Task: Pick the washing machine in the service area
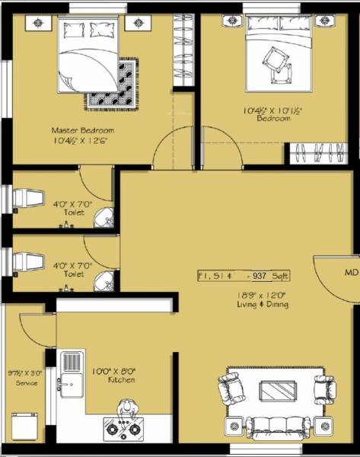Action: point(24,424)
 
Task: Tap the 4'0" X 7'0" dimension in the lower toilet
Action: point(74,265)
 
